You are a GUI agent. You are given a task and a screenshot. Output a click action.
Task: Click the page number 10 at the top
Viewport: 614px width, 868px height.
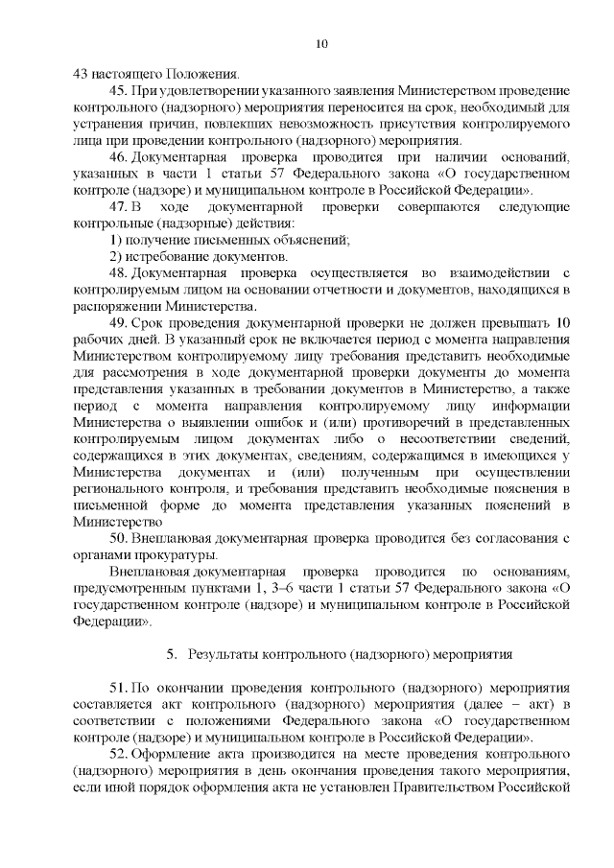[x=321, y=43]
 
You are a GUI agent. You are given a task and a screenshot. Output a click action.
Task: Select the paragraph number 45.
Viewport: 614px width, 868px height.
[x=119, y=91]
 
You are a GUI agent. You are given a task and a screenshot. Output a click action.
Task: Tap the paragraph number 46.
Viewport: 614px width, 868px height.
[x=119, y=157]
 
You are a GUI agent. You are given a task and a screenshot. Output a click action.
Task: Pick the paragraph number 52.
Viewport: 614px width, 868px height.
[x=119, y=754]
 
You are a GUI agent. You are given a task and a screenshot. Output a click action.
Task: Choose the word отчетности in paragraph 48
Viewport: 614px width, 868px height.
[x=352, y=290]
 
